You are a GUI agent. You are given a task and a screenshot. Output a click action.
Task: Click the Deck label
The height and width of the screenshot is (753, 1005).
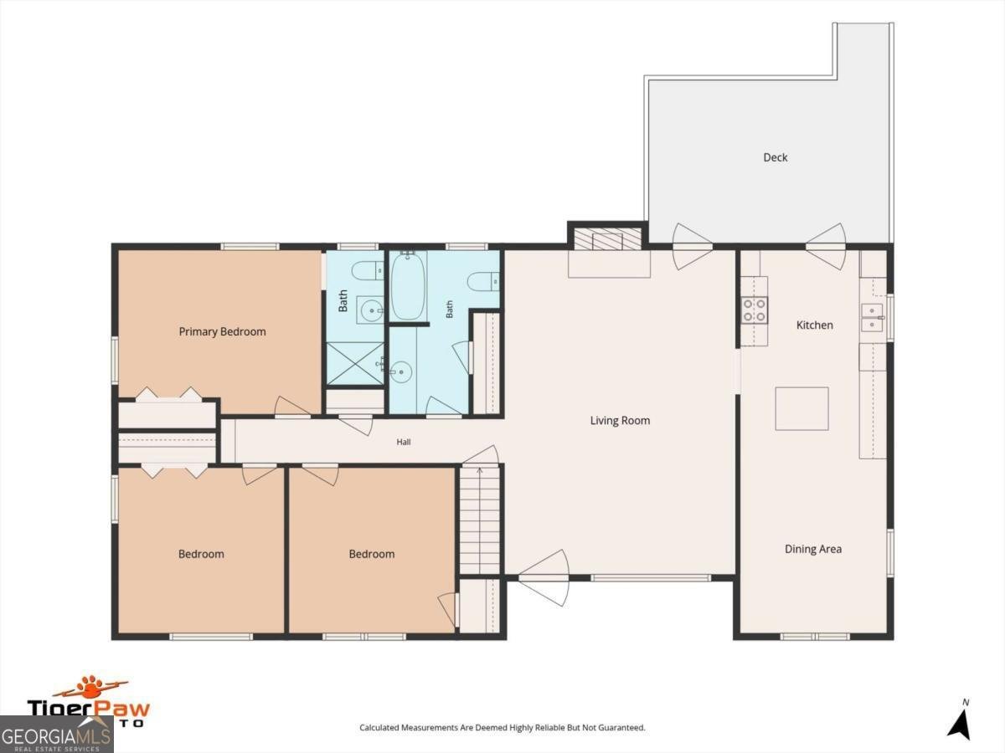point(776,157)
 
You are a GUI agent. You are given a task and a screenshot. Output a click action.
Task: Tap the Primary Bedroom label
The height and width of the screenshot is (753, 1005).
point(222,331)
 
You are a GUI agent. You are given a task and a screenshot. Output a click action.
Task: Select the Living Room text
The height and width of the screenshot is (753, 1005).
point(620,421)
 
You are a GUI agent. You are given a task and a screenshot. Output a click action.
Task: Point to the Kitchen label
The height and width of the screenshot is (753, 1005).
point(815,325)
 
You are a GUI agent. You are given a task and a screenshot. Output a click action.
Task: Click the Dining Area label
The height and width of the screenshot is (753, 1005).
point(813,549)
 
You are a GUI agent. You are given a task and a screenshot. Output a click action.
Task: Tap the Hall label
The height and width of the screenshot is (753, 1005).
point(404,442)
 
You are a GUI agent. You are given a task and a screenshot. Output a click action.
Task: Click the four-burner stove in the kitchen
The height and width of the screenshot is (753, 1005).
point(754,310)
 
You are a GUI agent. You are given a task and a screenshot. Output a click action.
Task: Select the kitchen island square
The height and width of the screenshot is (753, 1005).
point(801,409)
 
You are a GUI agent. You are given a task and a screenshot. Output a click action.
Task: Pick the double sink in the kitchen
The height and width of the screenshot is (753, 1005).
point(872,317)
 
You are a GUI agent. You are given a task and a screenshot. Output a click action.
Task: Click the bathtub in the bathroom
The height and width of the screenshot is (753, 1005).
point(409,285)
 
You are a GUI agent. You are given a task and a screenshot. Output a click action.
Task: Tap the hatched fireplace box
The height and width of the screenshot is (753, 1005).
point(607,239)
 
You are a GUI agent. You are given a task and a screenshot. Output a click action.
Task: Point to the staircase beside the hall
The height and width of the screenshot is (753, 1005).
point(479,519)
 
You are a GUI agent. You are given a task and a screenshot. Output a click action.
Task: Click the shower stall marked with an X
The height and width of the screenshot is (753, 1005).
point(355,363)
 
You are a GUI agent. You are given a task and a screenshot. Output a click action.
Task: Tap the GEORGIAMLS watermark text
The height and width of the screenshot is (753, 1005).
point(56,736)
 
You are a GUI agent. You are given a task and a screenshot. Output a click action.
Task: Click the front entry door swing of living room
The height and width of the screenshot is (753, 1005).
point(544,578)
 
